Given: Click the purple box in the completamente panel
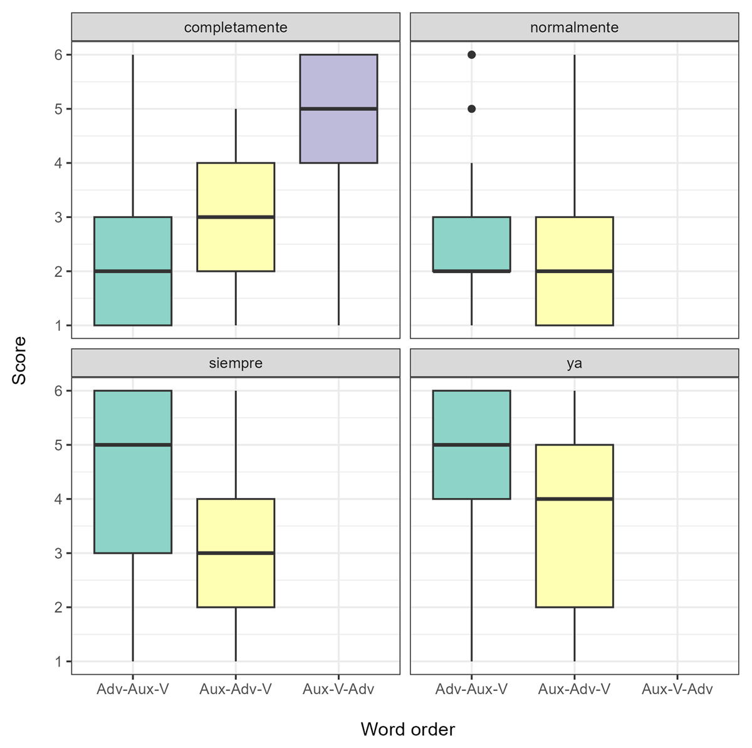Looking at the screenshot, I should point(338,135).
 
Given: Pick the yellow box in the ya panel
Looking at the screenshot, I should point(574,551).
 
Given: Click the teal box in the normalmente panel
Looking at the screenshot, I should point(472,244).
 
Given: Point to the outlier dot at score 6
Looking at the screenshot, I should point(472,55).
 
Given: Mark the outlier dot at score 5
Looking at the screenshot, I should point(472,109).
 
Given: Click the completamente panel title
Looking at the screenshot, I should point(236,28).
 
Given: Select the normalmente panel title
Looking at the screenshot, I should point(574,28).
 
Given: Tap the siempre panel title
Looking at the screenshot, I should point(236,363).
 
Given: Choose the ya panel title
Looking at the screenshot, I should point(574,363).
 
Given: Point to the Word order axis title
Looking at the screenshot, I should point(407,729).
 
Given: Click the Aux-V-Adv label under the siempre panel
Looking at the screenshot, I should point(338,690).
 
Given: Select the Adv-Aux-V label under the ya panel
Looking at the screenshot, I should point(472,690).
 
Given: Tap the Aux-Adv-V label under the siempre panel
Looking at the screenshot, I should point(236,690).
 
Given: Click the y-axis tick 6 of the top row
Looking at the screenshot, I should point(59,55).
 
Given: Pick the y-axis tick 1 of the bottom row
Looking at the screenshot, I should point(59,662).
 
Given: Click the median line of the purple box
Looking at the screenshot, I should point(338,109).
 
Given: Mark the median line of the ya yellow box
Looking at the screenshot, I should point(574,499).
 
